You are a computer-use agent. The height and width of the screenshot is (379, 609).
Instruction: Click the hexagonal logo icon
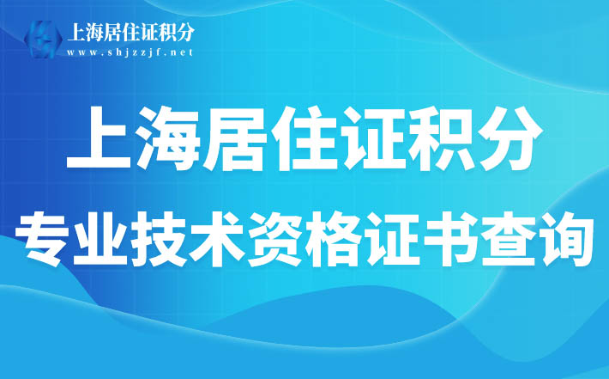[x=43, y=40]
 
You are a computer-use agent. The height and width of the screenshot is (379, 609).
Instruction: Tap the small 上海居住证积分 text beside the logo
[x=131, y=32]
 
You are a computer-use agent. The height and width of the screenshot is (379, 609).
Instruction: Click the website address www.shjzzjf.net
[x=130, y=52]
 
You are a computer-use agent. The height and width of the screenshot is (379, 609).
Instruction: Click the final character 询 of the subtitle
[x=564, y=238]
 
